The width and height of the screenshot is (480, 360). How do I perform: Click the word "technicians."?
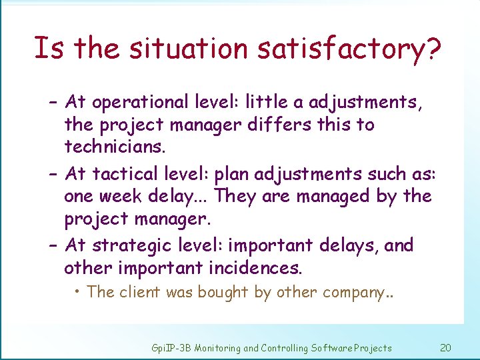[114, 147]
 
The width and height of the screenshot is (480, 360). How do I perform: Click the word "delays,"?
[347, 245]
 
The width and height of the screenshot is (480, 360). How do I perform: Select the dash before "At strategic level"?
[54, 245]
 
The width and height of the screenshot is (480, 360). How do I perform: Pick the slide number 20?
[446, 347]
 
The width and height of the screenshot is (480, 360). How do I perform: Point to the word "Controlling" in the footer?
[286, 348]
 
